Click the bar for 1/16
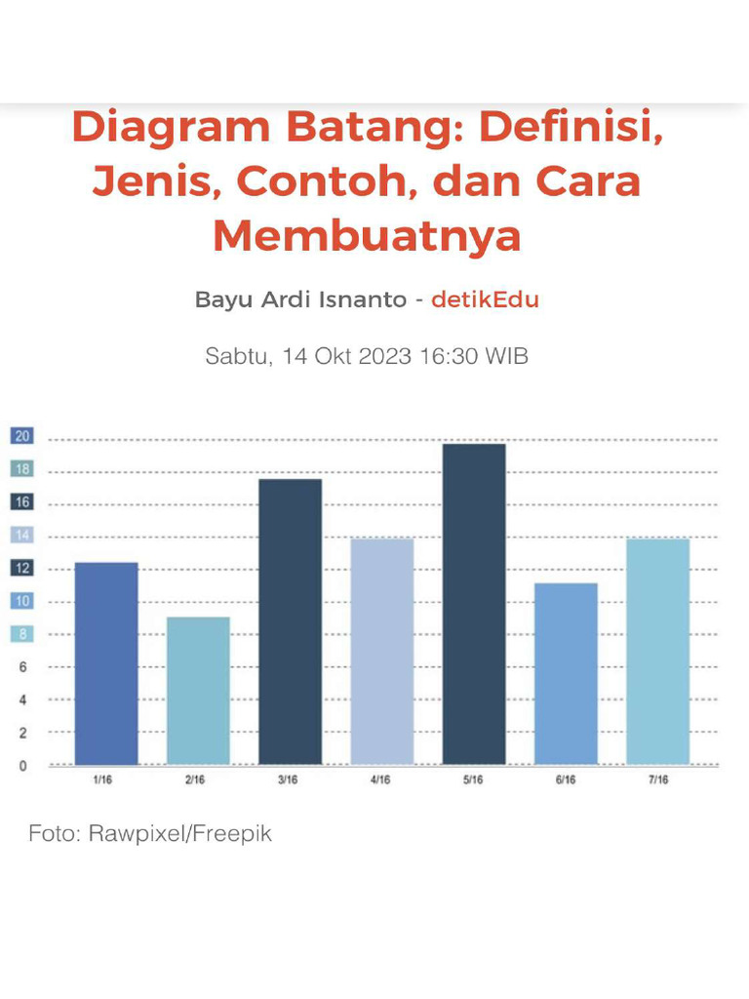106,663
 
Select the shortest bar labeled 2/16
198,691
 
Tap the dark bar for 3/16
290,621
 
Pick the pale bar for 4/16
382,651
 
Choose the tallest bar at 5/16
474,604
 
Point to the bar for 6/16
566,673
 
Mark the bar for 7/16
657,651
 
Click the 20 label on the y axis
21,436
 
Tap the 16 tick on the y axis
21,502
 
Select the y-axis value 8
22,634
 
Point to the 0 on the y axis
22,766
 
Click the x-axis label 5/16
474,780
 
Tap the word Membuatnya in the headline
367,236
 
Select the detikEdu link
485,300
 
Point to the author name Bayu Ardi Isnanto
300,300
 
